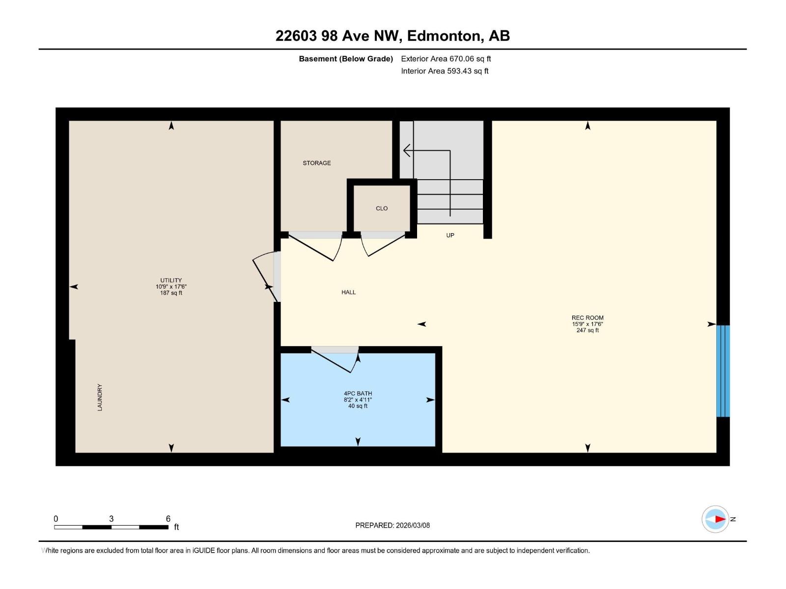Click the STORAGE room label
316,163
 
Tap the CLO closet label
382,209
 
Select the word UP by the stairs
450,236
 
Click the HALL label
348,293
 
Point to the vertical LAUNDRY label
100,397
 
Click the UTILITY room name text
171,280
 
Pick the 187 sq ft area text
171,293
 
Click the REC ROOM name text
588,318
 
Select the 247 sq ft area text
588,330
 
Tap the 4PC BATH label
358,393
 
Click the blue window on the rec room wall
723,371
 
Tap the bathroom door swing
337,361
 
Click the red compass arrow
719,519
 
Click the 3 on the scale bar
112,519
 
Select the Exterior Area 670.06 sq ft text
446,59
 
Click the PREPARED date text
393,525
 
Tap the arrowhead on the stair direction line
406,150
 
